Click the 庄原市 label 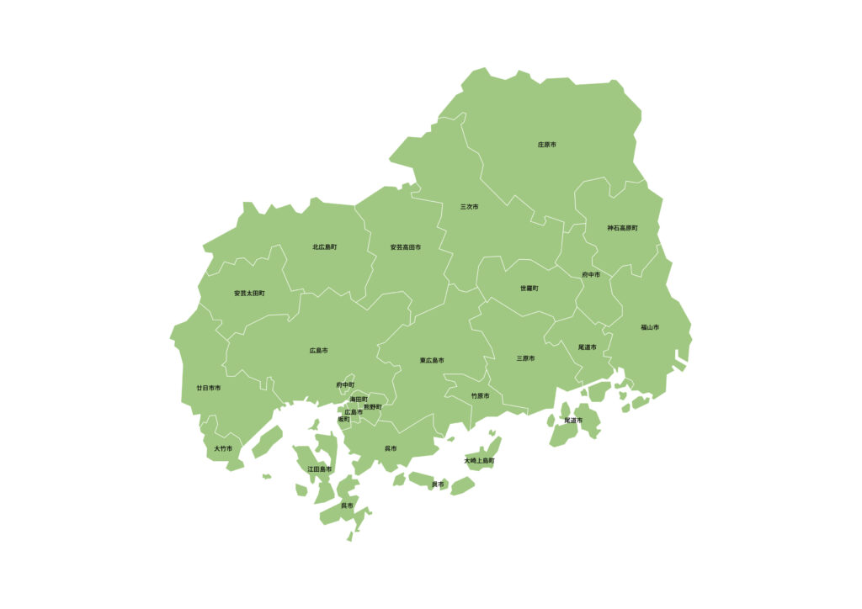click(x=546, y=145)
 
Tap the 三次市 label click(x=469, y=206)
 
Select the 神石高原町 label click(x=622, y=228)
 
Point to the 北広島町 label click(x=324, y=247)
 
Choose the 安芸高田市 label click(x=405, y=247)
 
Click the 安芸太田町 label click(x=249, y=294)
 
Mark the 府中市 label click(x=591, y=275)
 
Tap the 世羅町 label click(x=529, y=289)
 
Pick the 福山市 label click(x=649, y=327)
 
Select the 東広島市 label click(x=432, y=361)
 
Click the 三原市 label click(x=525, y=358)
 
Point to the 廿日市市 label click(x=208, y=388)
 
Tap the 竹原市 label click(x=480, y=395)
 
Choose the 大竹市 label click(x=223, y=448)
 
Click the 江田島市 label click(x=319, y=469)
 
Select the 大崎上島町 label click(x=479, y=461)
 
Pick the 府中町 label click(x=345, y=385)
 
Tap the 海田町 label click(x=359, y=399)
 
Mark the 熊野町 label click(x=372, y=407)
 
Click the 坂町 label click(x=343, y=419)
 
